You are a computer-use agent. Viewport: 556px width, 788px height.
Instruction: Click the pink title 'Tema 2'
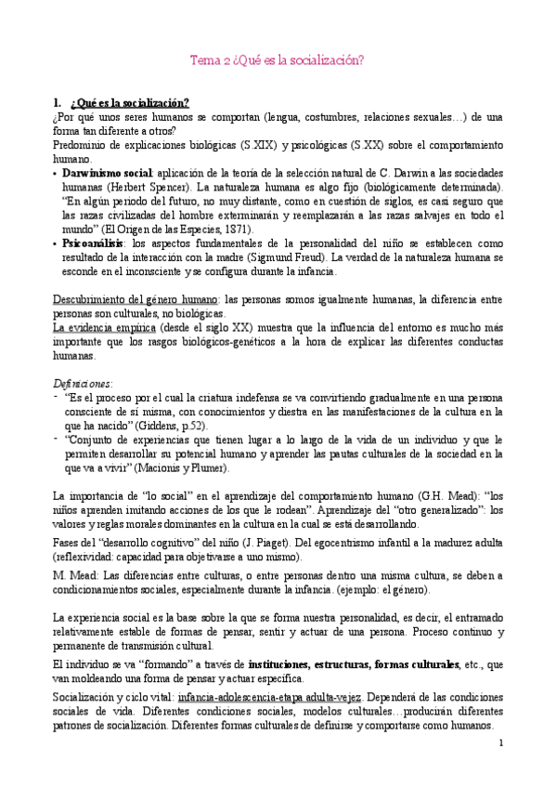[x=209, y=59]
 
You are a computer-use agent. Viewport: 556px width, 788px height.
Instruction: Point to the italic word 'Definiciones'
[x=84, y=382]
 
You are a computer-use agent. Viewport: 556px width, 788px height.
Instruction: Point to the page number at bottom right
[x=499, y=743]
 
